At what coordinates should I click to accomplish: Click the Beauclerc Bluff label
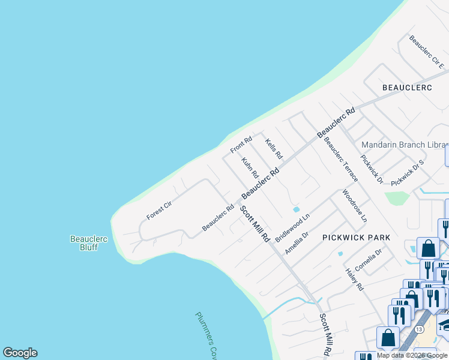89,243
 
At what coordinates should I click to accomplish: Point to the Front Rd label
241,144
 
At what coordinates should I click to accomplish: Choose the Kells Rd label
274,148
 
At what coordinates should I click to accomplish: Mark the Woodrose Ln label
354,206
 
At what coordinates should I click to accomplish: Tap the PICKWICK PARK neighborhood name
356,238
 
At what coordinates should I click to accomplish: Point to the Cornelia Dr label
368,260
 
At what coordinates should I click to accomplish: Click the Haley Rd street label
354,280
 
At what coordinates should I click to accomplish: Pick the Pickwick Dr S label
407,173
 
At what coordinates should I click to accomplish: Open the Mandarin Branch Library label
405,145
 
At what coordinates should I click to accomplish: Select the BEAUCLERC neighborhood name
408,88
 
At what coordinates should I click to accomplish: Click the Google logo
20,353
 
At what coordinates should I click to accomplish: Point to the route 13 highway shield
418,329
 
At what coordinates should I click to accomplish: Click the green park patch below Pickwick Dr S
396,197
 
